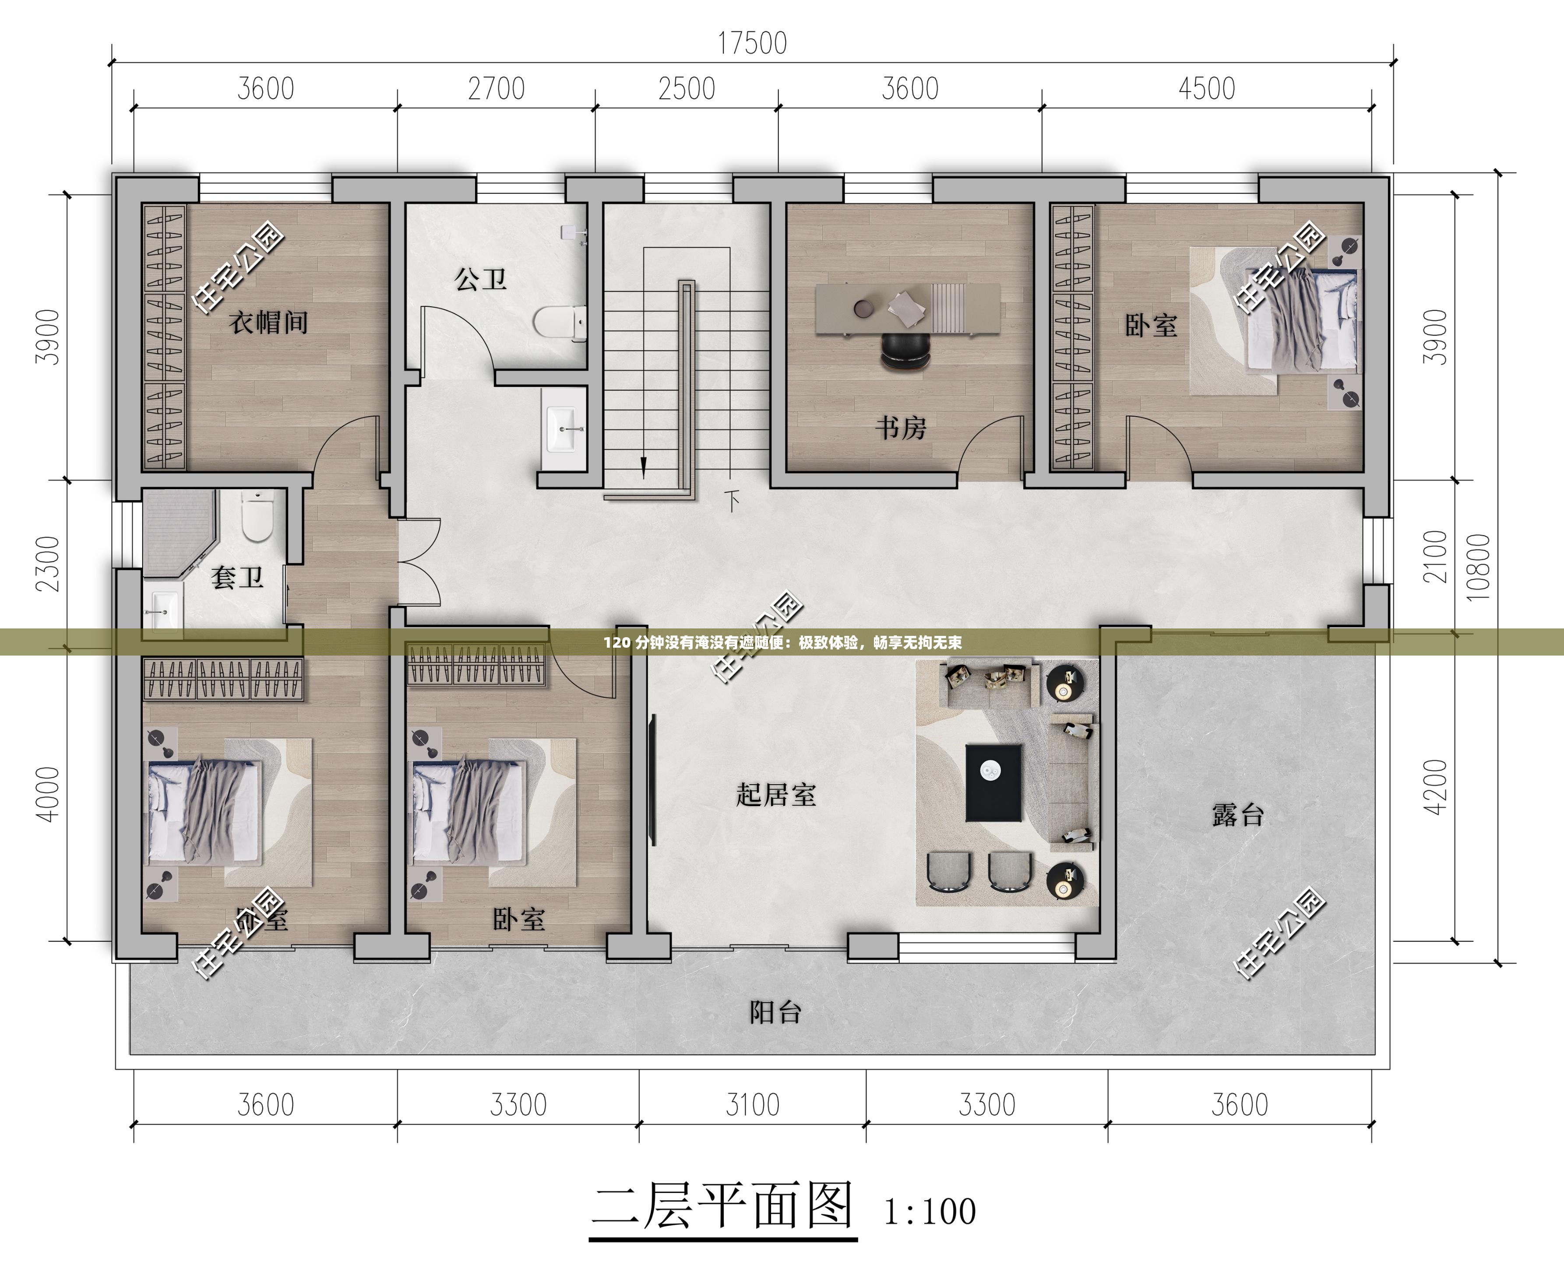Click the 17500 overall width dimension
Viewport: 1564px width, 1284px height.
(752, 44)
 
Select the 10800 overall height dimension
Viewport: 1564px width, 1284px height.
(1477, 567)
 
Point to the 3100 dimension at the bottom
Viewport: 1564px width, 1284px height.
(752, 1105)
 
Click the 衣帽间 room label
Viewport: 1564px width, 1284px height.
(268, 323)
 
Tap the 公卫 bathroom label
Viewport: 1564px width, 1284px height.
(480, 280)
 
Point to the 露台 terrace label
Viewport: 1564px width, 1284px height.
(1238, 815)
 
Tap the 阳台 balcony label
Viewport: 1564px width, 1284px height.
(775, 1012)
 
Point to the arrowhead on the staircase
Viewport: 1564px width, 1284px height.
(643, 467)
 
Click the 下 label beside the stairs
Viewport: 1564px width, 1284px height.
(733, 501)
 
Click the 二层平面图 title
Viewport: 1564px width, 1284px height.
(723, 1207)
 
